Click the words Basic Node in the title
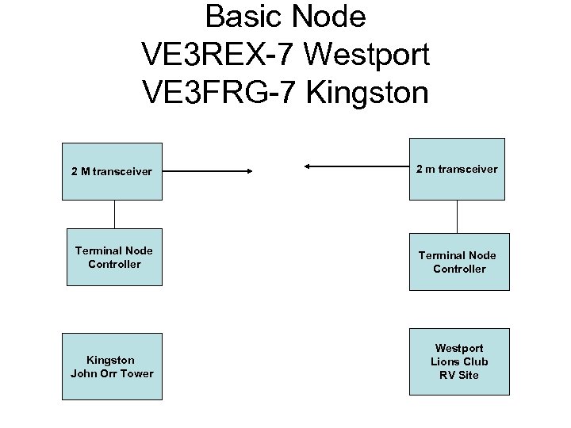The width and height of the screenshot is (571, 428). point(285,17)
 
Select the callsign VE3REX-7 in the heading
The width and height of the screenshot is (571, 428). point(218,55)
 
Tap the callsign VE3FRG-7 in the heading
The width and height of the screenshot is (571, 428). point(219,93)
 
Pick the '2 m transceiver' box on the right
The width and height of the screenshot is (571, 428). point(457,169)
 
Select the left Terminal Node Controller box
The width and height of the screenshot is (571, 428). point(114,258)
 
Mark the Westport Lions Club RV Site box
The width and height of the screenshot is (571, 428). point(459,361)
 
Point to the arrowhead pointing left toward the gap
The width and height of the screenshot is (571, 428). point(308,166)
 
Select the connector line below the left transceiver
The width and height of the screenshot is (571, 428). point(115,214)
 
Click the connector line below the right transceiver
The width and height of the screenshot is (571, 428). point(458,216)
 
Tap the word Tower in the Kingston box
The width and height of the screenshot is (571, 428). point(137,373)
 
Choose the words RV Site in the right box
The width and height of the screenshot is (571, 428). point(459,375)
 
